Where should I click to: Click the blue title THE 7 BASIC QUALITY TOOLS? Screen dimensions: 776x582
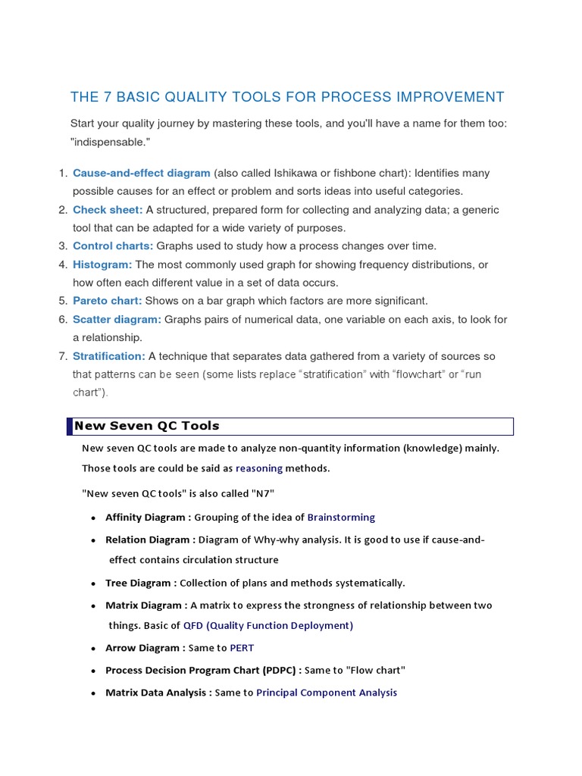[286, 97]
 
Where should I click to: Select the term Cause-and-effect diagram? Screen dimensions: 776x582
[142, 173]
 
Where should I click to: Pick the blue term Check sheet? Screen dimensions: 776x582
[108, 209]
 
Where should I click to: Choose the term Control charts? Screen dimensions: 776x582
[113, 246]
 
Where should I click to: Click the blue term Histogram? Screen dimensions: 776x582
[102, 264]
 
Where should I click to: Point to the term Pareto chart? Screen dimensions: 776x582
[108, 301]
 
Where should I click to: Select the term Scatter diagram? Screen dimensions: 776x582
[117, 319]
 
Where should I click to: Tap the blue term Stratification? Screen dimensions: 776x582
[108, 355]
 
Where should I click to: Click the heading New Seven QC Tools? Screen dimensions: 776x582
[146, 426]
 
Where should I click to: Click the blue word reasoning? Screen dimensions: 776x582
[259, 468]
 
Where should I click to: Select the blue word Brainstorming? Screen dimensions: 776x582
[341, 518]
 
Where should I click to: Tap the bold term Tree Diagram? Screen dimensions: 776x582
[139, 583]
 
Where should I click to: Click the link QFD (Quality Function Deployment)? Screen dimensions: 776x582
[268, 625]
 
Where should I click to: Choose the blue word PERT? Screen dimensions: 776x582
[242, 648]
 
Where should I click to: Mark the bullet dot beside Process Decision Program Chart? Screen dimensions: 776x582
[92, 671]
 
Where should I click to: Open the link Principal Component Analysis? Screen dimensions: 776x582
[327, 693]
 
